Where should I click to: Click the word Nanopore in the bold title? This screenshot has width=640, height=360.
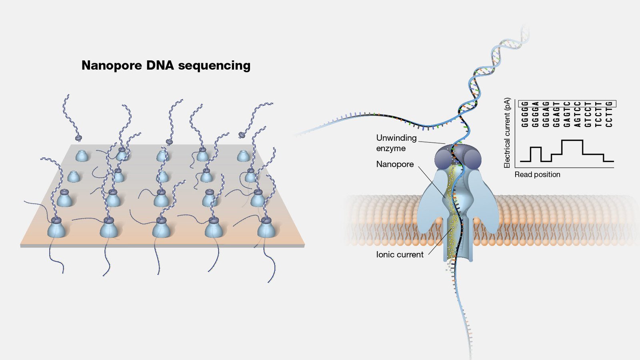(x=112, y=65)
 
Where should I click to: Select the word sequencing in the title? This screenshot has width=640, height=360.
(x=214, y=66)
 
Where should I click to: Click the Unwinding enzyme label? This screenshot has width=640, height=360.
(x=396, y=143)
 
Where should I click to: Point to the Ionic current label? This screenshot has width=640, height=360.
(x=400, y=254)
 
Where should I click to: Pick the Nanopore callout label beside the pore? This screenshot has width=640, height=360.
(x=395, y=164)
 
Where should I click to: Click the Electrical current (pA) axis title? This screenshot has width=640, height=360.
(x=507, y=133)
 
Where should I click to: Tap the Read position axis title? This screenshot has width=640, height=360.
(x=537, y=174)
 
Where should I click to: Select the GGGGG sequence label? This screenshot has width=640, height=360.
(x=525, y=114)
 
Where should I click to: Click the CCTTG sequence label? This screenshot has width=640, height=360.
(x=609, y=114)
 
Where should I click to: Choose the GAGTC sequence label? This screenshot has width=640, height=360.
(x=567, y=114)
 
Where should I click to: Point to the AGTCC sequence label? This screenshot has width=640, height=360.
(x=577, y=114)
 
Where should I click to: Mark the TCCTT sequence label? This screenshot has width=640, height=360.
(x=598, y=114)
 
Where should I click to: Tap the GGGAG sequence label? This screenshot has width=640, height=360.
(x=546, y=114)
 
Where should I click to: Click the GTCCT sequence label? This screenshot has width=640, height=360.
(x=588, y=114)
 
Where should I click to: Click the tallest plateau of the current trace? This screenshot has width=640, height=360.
(x=572, y=140)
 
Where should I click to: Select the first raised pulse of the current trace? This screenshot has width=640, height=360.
(x=536, y=148)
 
